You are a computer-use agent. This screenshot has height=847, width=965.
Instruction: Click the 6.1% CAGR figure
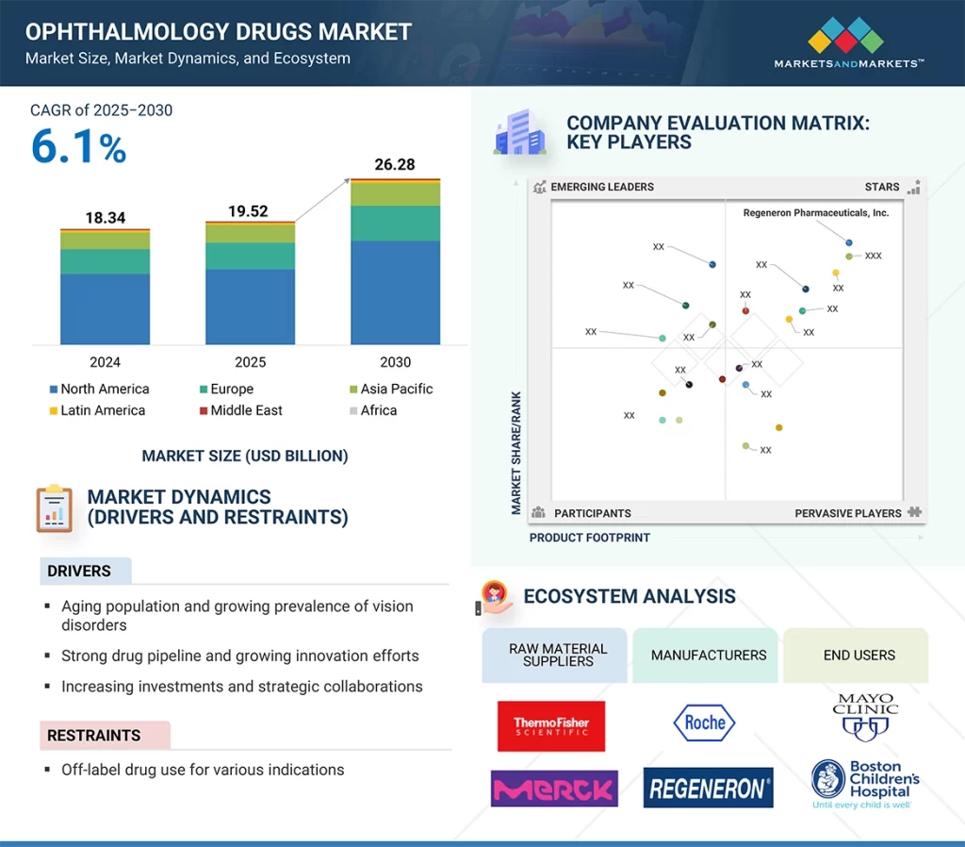coord(79,148)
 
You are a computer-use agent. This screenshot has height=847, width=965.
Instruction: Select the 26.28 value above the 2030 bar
coord(395,164)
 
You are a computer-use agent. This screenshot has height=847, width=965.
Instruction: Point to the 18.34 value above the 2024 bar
coord(105,218)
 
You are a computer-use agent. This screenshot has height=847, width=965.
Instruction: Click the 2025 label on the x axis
coord(250,362)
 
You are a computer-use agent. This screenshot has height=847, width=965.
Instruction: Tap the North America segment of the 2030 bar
coord(395,292)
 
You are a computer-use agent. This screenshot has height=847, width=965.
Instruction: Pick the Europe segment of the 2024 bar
coord(105,261)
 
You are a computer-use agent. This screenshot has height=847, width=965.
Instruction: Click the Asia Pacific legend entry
coord(389,389)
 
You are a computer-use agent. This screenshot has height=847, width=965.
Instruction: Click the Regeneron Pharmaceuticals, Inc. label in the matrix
coord(815,213)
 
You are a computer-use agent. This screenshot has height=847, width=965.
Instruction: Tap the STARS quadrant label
coord(882,187)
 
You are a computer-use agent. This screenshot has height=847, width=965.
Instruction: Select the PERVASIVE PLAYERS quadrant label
coord(847,513)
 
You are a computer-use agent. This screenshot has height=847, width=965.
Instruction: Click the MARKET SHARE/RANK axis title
coord(516,453)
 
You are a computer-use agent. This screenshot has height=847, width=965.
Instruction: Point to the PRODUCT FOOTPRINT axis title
coord(590,538)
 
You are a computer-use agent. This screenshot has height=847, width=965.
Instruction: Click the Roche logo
coord(705,722)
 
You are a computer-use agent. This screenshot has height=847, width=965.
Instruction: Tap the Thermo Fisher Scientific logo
coord(551,725)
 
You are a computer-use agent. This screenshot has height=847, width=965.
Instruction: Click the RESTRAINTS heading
coord(94,736)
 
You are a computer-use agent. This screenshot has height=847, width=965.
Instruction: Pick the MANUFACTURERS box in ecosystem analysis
coord(709,655)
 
